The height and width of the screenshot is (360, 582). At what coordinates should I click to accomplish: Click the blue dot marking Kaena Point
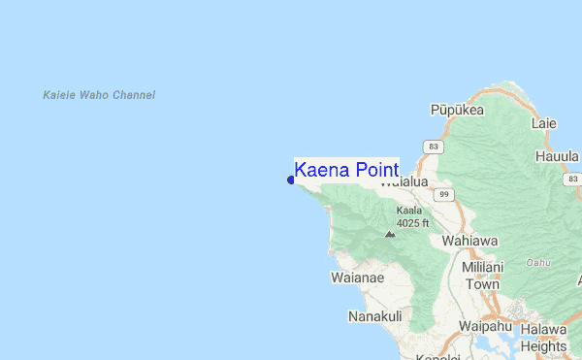click(x=291, y=179)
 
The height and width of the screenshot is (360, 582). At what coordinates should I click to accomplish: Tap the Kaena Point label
click(x=346, y=171)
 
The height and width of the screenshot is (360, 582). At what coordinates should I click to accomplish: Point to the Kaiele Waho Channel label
click(x=99, y=95)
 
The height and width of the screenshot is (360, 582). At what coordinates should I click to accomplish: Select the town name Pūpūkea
click(x=458, y=110)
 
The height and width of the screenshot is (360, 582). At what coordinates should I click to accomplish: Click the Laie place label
click(x=544, y=124)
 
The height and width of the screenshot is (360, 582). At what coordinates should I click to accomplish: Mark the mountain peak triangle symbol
click(x=390, y=234)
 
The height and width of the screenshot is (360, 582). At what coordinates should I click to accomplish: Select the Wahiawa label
click(x=469, y=241)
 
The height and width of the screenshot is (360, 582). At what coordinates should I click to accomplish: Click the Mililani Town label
click(x=482, y=275)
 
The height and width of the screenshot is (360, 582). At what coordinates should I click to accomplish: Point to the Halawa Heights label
click(x=543, y=338)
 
